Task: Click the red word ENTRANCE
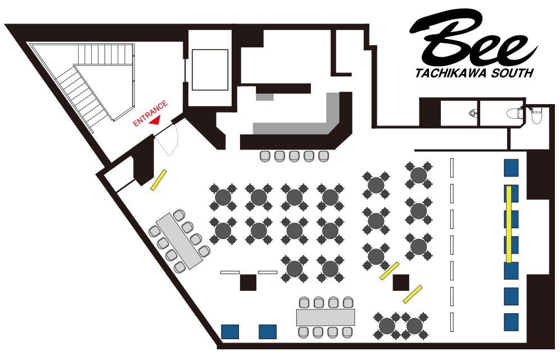[150, 114]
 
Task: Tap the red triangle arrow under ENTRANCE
[155, 121]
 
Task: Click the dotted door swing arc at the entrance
[174, 141]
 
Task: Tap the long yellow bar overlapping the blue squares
[509, 224]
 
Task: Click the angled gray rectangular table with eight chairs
[179, 241]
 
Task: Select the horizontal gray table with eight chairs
[326, 317]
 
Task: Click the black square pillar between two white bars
[248, 282]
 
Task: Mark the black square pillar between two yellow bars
[401, 282]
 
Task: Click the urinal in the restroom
[473, 114]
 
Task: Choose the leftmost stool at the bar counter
[265, 156]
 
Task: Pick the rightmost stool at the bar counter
[323, 156]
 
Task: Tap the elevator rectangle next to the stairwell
[210, 70]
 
